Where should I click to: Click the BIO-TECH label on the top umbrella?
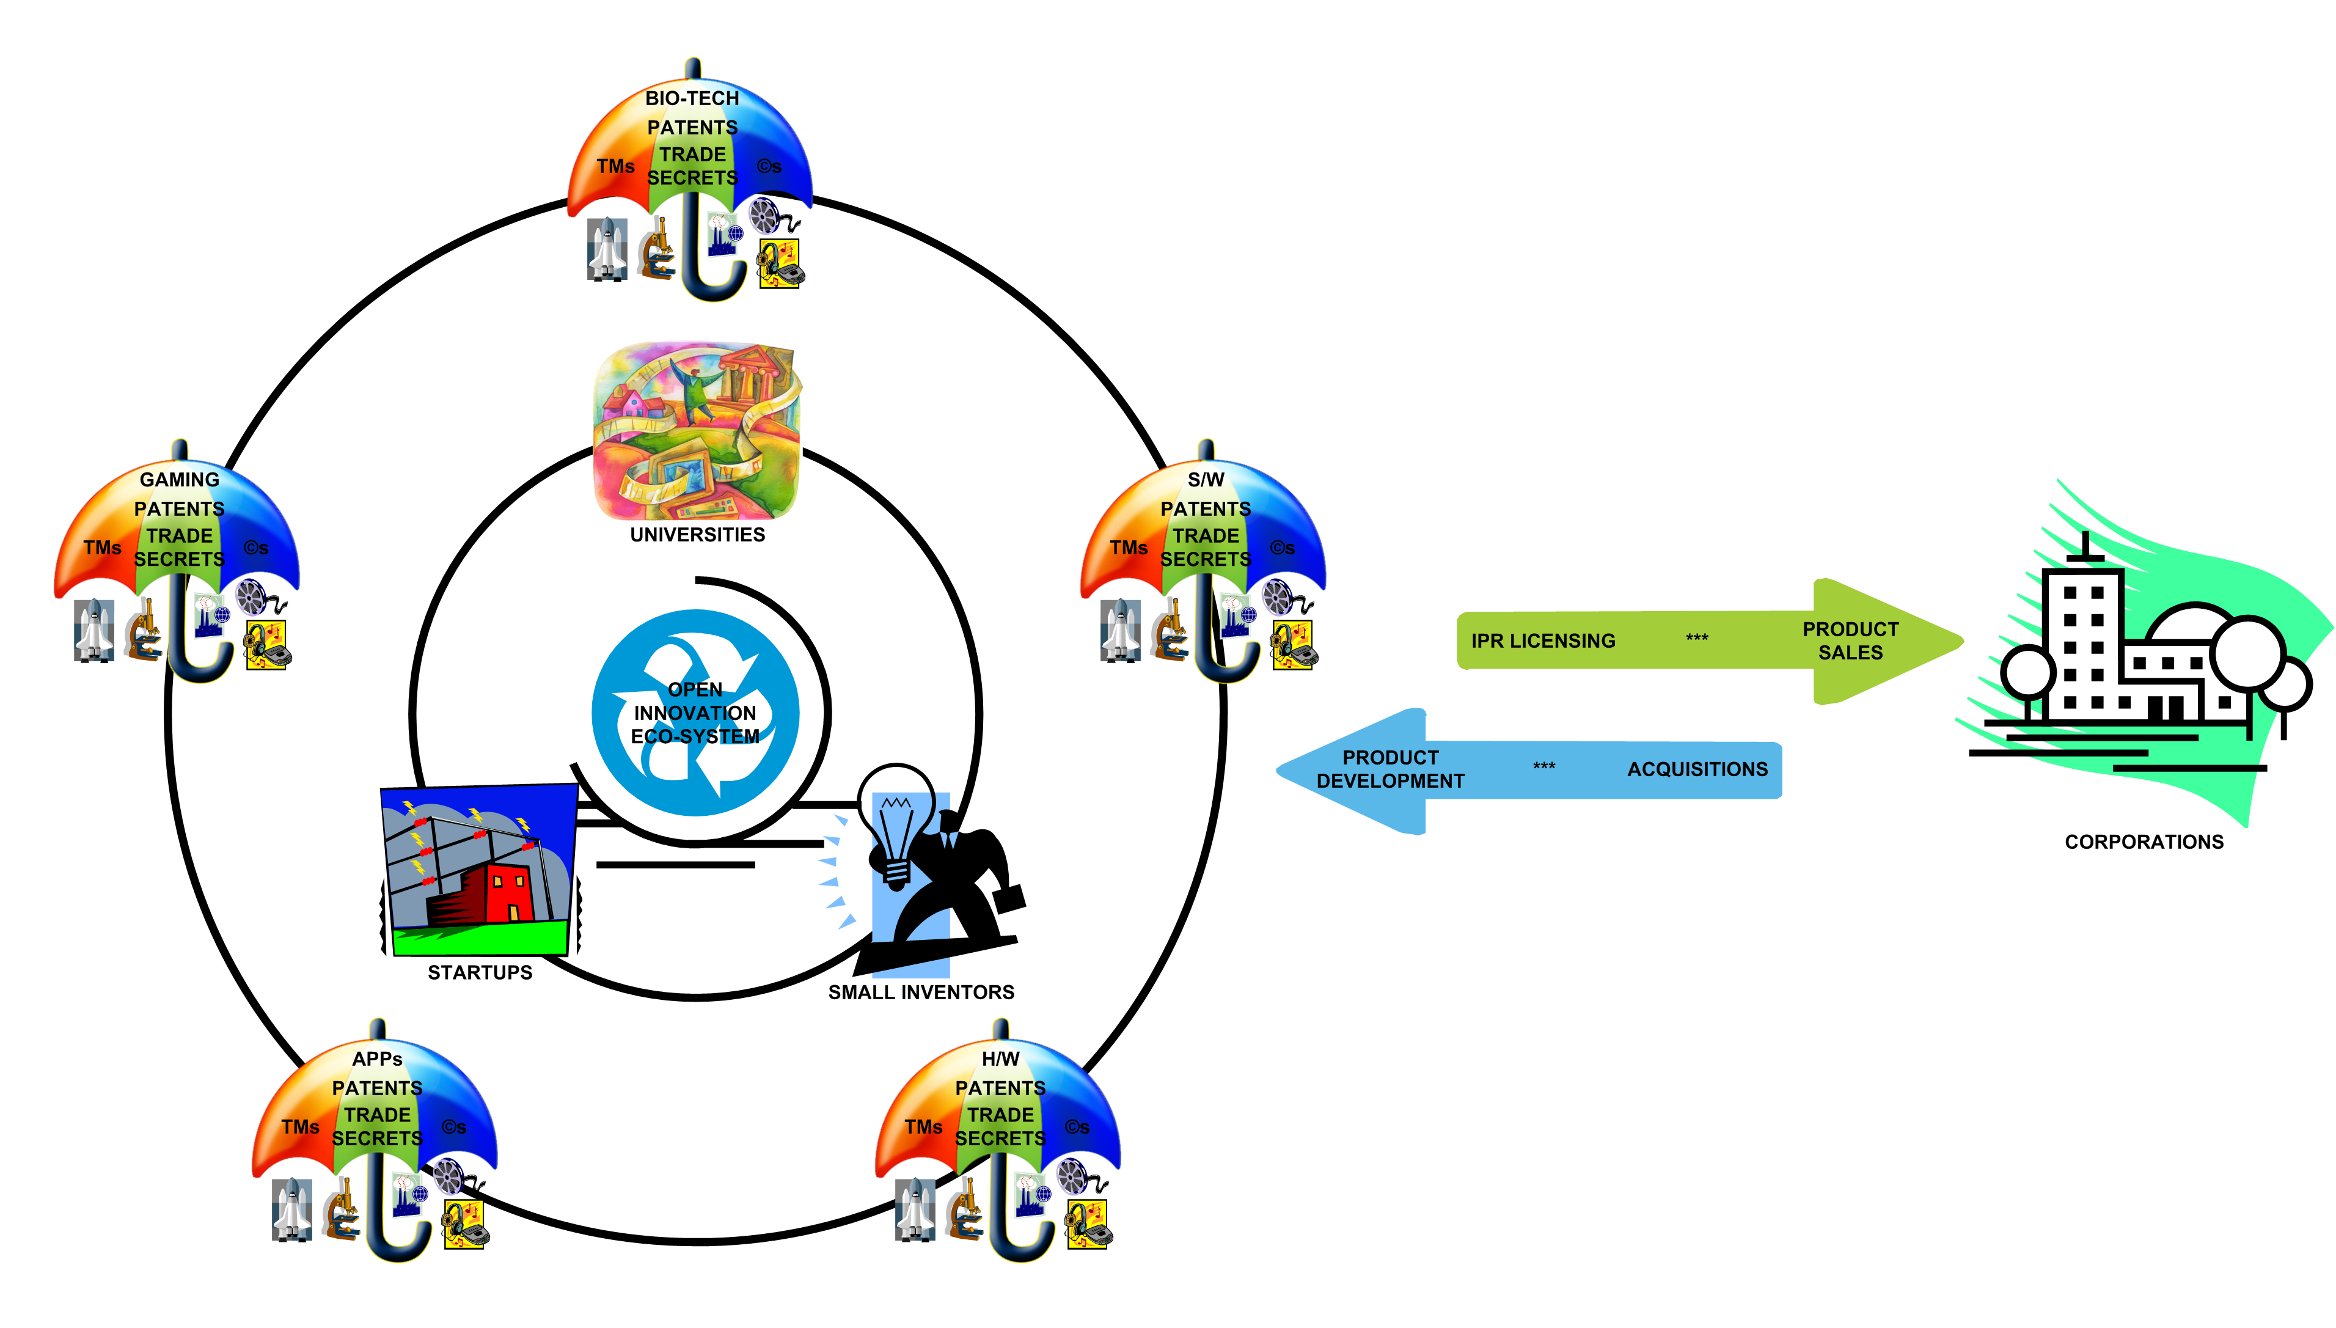point(692,98)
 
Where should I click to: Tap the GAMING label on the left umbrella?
point(180,479)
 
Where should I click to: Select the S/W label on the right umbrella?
point(1206,479)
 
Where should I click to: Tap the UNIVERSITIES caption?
point(698,535)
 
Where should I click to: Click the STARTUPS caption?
point(480,972)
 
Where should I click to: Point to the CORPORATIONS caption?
point(2144,842)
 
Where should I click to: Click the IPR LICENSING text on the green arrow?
point(1543,641)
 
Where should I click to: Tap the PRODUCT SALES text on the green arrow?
point(1850,640)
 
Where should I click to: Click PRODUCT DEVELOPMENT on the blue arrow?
point(1391,769)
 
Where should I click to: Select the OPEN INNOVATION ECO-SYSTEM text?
point(695,713)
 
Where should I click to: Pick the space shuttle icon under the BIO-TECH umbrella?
point(606,248)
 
